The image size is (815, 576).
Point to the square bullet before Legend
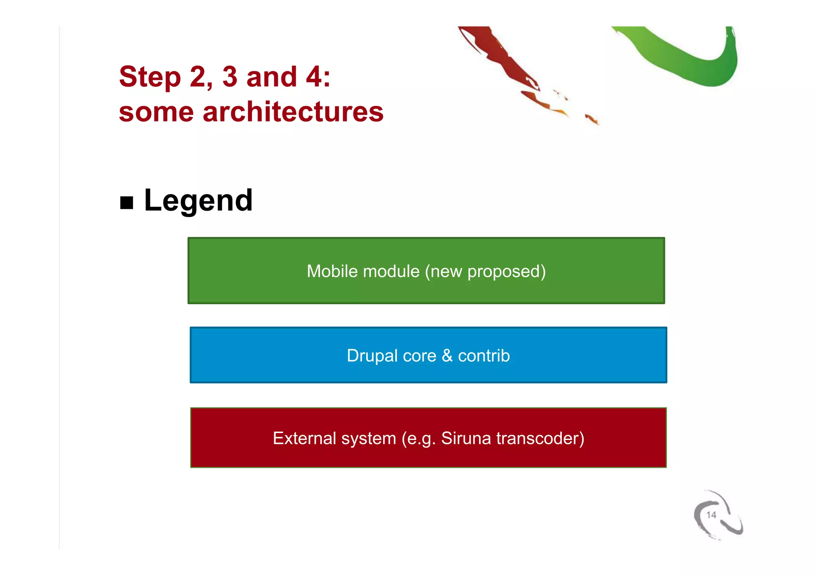[127, 203]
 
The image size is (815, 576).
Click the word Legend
[198, 201]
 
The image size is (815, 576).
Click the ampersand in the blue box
[447, 356]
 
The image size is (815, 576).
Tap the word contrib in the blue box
[484, 356]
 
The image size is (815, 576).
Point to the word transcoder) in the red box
[540, 439]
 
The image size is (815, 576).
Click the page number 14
[711, 515]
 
